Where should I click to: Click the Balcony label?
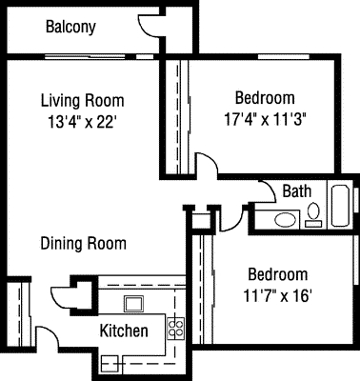(x=70, y=27)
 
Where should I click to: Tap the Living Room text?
(x=82, y=100)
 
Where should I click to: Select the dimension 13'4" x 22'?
(x=82, y=121)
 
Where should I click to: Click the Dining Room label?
(x=83, y=243)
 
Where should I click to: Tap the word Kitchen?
(x=124, y=331)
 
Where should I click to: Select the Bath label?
(x=296, y=190)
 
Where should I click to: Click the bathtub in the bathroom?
(x=339, y=204)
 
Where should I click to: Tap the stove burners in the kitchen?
(x=174, y=329)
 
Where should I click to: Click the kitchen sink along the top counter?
(x=133, y=304)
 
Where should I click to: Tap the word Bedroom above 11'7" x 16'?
(x=274, y=273)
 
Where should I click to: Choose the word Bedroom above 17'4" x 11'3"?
(x=264, y=98)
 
